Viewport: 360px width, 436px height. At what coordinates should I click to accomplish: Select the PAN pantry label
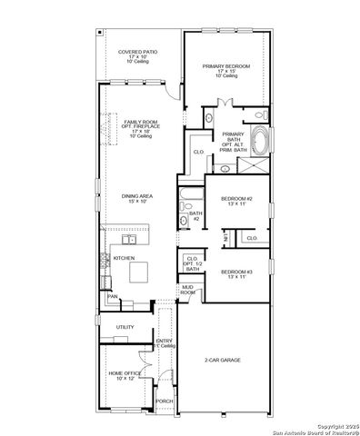pos(113,297)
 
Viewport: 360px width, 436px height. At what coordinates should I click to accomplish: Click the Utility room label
pos(125,328)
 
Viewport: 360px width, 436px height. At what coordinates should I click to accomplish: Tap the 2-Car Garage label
pos(222,360)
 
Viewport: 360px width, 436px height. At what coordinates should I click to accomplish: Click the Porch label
pos(165,401)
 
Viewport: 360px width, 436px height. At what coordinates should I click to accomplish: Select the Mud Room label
pos(188,291)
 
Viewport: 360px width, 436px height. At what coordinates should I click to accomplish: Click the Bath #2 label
pos(195,216)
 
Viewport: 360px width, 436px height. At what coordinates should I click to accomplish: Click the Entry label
pos(165,343)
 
